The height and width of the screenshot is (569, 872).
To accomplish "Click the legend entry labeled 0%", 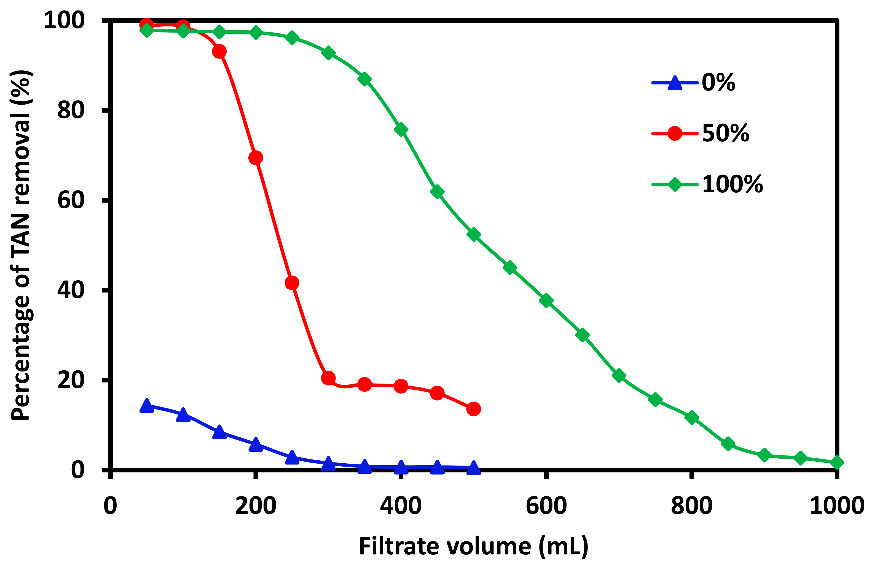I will (x=718, y=83).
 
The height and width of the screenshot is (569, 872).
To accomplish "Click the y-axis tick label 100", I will (x=64, y=20).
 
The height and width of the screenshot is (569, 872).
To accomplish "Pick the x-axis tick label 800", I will (x=691, y=506).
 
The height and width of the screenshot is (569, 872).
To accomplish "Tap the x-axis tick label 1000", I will (x=837, y=506).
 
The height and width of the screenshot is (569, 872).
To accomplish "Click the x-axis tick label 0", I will (x=110, y=506).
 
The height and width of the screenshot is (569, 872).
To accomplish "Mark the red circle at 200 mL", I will (x=255, y=158).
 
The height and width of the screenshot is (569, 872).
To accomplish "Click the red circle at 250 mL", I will (x=292, y=283).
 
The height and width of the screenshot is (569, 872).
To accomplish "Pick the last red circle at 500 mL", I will (x=473, y=409).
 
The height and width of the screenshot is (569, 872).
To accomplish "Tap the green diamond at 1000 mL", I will (x=837, y=463).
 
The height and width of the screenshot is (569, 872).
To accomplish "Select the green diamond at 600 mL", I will (x=546, y=300).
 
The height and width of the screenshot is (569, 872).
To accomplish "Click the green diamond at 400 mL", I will (x=401, y=129).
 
